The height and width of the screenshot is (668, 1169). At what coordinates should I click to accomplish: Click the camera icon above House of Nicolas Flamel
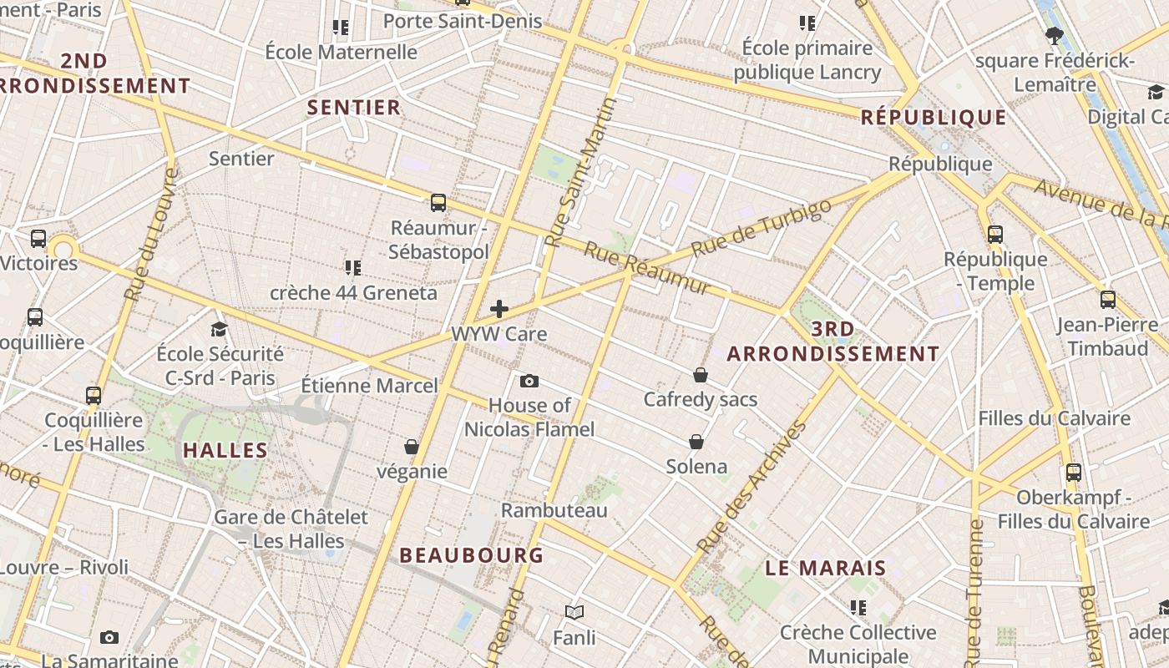click(529, 382)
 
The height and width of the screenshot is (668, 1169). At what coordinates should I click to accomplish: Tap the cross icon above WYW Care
click(499, 309)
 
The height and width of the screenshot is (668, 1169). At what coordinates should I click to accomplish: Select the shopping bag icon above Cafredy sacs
click(701, 375)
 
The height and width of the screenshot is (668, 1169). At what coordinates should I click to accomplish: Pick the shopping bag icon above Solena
click(696, 442)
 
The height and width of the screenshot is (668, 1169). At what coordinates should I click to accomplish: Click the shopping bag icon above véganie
click(412, 448)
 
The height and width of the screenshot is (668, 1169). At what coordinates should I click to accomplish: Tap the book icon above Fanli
click(574, 613)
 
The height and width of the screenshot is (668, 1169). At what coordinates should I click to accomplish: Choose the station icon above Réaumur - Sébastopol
click(438, 203)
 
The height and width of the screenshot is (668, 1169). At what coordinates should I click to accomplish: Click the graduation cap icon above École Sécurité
click(220, 329)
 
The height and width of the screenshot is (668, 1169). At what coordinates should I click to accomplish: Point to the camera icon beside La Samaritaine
click(109, 638)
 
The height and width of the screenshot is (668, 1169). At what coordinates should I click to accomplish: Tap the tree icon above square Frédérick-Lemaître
click(1055, 36)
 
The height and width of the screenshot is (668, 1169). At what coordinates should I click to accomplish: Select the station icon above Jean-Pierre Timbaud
click(1108, 300)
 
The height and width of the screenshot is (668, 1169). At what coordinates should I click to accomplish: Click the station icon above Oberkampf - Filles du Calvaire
click(1074, 473)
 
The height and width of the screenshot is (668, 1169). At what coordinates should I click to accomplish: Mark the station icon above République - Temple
click(995, 235)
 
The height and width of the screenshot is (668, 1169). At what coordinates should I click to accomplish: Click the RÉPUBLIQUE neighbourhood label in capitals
click(934, 118)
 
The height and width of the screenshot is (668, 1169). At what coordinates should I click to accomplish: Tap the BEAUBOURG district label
click(471, 555)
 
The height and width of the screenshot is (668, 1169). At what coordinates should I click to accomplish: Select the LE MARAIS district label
click(826, 569)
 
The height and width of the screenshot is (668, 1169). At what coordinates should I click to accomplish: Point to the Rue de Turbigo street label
click(762, 228)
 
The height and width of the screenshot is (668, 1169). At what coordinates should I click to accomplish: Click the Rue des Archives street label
click(752, 487)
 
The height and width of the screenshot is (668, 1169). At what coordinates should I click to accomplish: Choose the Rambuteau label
click(554, 510)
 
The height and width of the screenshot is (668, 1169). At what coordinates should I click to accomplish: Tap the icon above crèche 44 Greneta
click(353, 268)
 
